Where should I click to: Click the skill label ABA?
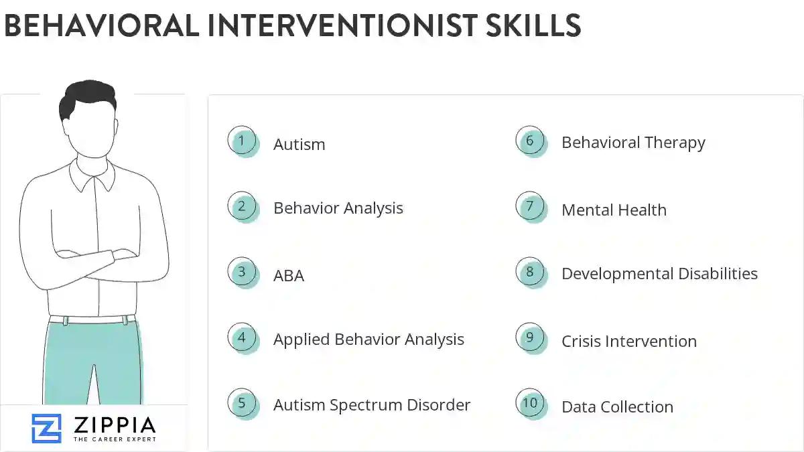click(x=289, y=276)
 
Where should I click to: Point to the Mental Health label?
click(x=614, y=210)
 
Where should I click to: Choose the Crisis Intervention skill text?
click(x=628, y=342)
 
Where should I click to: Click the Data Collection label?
click(x=617, y=407)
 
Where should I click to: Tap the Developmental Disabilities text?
click(x=659, y=274)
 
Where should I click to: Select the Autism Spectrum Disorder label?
click(x=372, y=405)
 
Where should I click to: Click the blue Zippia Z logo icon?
click(x=46, y=429)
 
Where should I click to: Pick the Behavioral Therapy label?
click(x=633, y=143)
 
